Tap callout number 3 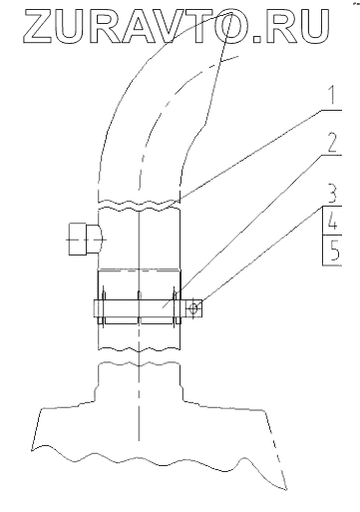[333, 194]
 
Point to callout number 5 [333, 252]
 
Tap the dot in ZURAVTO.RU [258, 38]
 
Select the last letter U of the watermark [313, 26]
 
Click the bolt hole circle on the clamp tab [193, 308]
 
